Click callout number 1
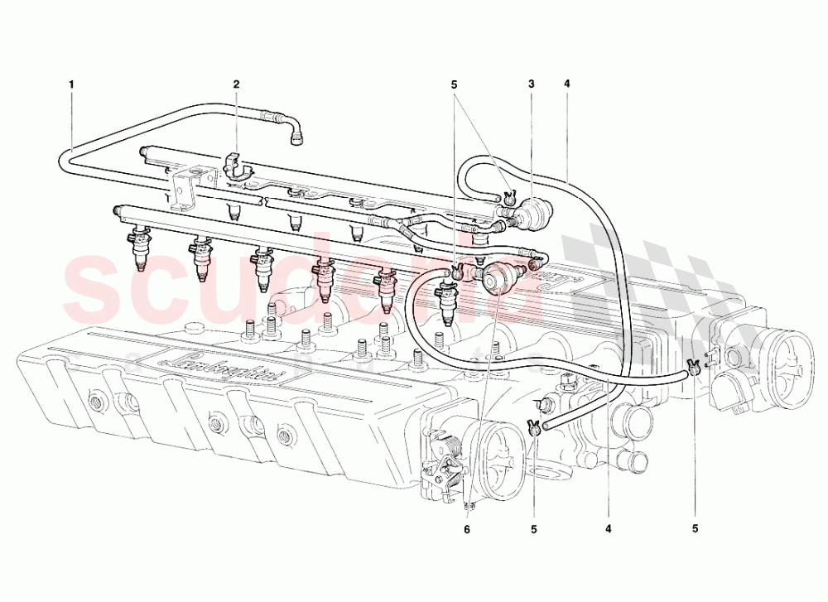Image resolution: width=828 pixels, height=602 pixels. pos(72,84)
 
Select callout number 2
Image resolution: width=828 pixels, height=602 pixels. pos(236,84)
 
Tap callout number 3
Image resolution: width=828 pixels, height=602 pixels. pos(532,84)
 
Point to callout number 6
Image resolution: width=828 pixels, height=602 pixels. pos(467,528)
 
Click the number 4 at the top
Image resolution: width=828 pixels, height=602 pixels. pos(567,84)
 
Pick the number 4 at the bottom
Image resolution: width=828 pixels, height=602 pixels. pos(609,528)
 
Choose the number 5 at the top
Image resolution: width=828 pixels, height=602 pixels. pos(454,84)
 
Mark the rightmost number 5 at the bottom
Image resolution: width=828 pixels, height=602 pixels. pos(694,528)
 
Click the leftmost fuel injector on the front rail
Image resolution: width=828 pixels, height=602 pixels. pos(138,248)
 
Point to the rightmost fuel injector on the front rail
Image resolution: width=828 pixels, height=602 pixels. pos(448,298)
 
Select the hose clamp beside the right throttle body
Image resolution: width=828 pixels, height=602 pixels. pos(694,367)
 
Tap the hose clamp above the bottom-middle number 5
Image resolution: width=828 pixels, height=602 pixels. pos(535,427)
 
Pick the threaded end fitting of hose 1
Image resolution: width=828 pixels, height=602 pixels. pos(296,133)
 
